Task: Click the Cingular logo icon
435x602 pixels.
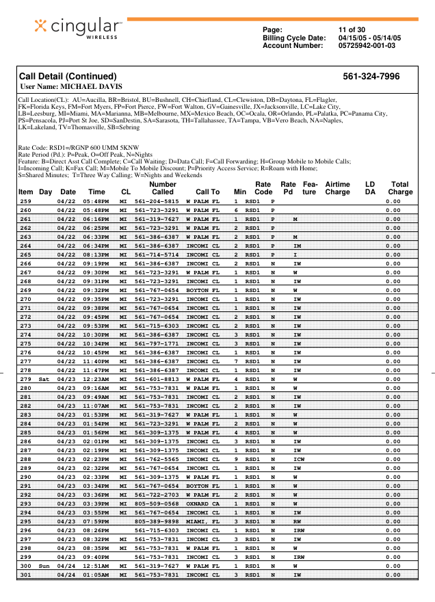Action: tap(43, 27)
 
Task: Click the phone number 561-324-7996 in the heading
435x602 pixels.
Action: tap(371, 77)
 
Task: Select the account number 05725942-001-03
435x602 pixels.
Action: tap(367, 46)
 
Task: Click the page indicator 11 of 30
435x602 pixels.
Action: tap(352, 29)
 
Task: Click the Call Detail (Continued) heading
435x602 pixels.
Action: tap(68, 77)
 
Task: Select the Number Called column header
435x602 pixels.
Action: tap(162, 188)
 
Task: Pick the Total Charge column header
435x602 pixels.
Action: tap(400, 188)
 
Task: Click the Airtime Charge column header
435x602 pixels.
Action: tap(337, 188)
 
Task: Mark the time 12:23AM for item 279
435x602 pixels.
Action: tap(95, 379)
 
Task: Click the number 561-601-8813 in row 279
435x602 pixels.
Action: tap(157, 379)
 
